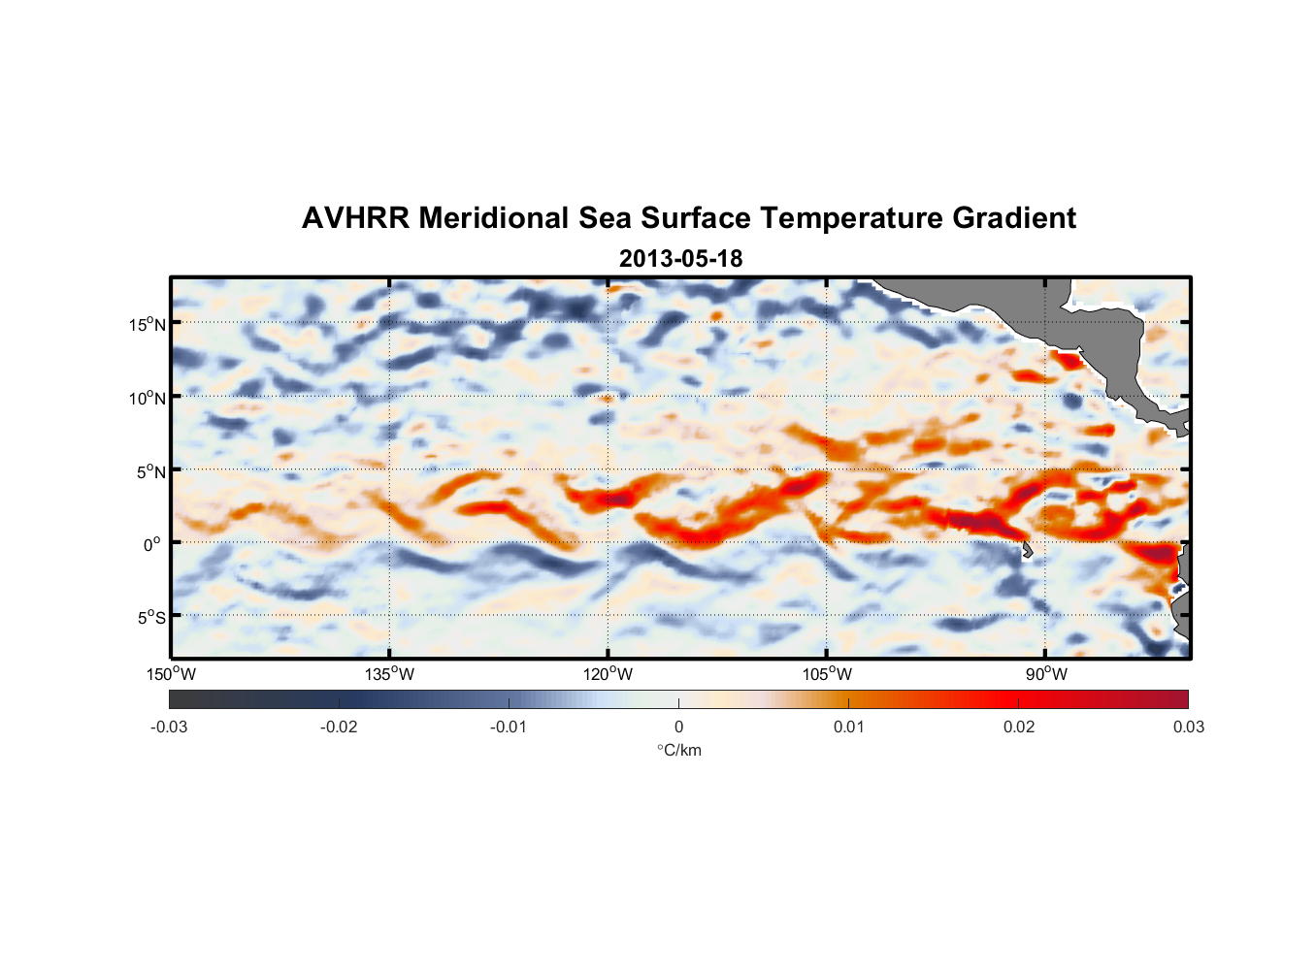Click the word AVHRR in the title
pos(355,218)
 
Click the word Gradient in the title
pos(1013,218)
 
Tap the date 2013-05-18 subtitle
pos(680,259)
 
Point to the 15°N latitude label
pos(148,324)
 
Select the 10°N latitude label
pos(148,398)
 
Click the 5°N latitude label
pos(150,471)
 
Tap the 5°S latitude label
pos(150,617)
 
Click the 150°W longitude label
pos(172,674)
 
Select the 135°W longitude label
pos(390,674)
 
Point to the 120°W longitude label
pos(609,674)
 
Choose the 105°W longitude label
pos(827,674)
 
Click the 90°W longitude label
pos(1046,674)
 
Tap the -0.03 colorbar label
pos(169,727)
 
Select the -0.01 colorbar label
pos(509,727)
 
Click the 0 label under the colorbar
pos(678,727)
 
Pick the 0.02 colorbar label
pos(1019,727)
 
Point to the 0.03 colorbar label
pos(1188,727)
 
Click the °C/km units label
pos(679,750)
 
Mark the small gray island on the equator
pos(1027,550)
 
